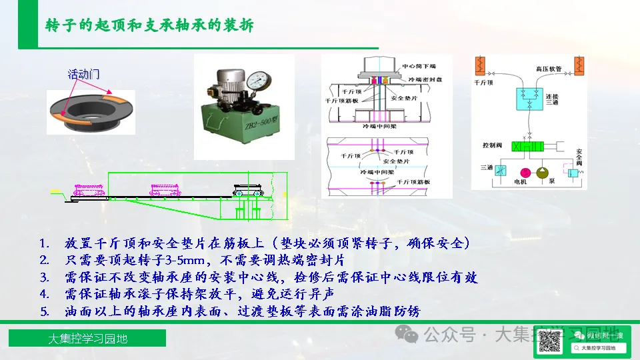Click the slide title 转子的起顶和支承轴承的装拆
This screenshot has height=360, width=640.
(x=149, y=25)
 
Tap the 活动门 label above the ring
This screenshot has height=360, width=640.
(x=83, y=73)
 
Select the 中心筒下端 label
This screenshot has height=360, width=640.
(x=419, y=67)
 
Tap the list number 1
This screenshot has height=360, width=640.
(x=44, y=243)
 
